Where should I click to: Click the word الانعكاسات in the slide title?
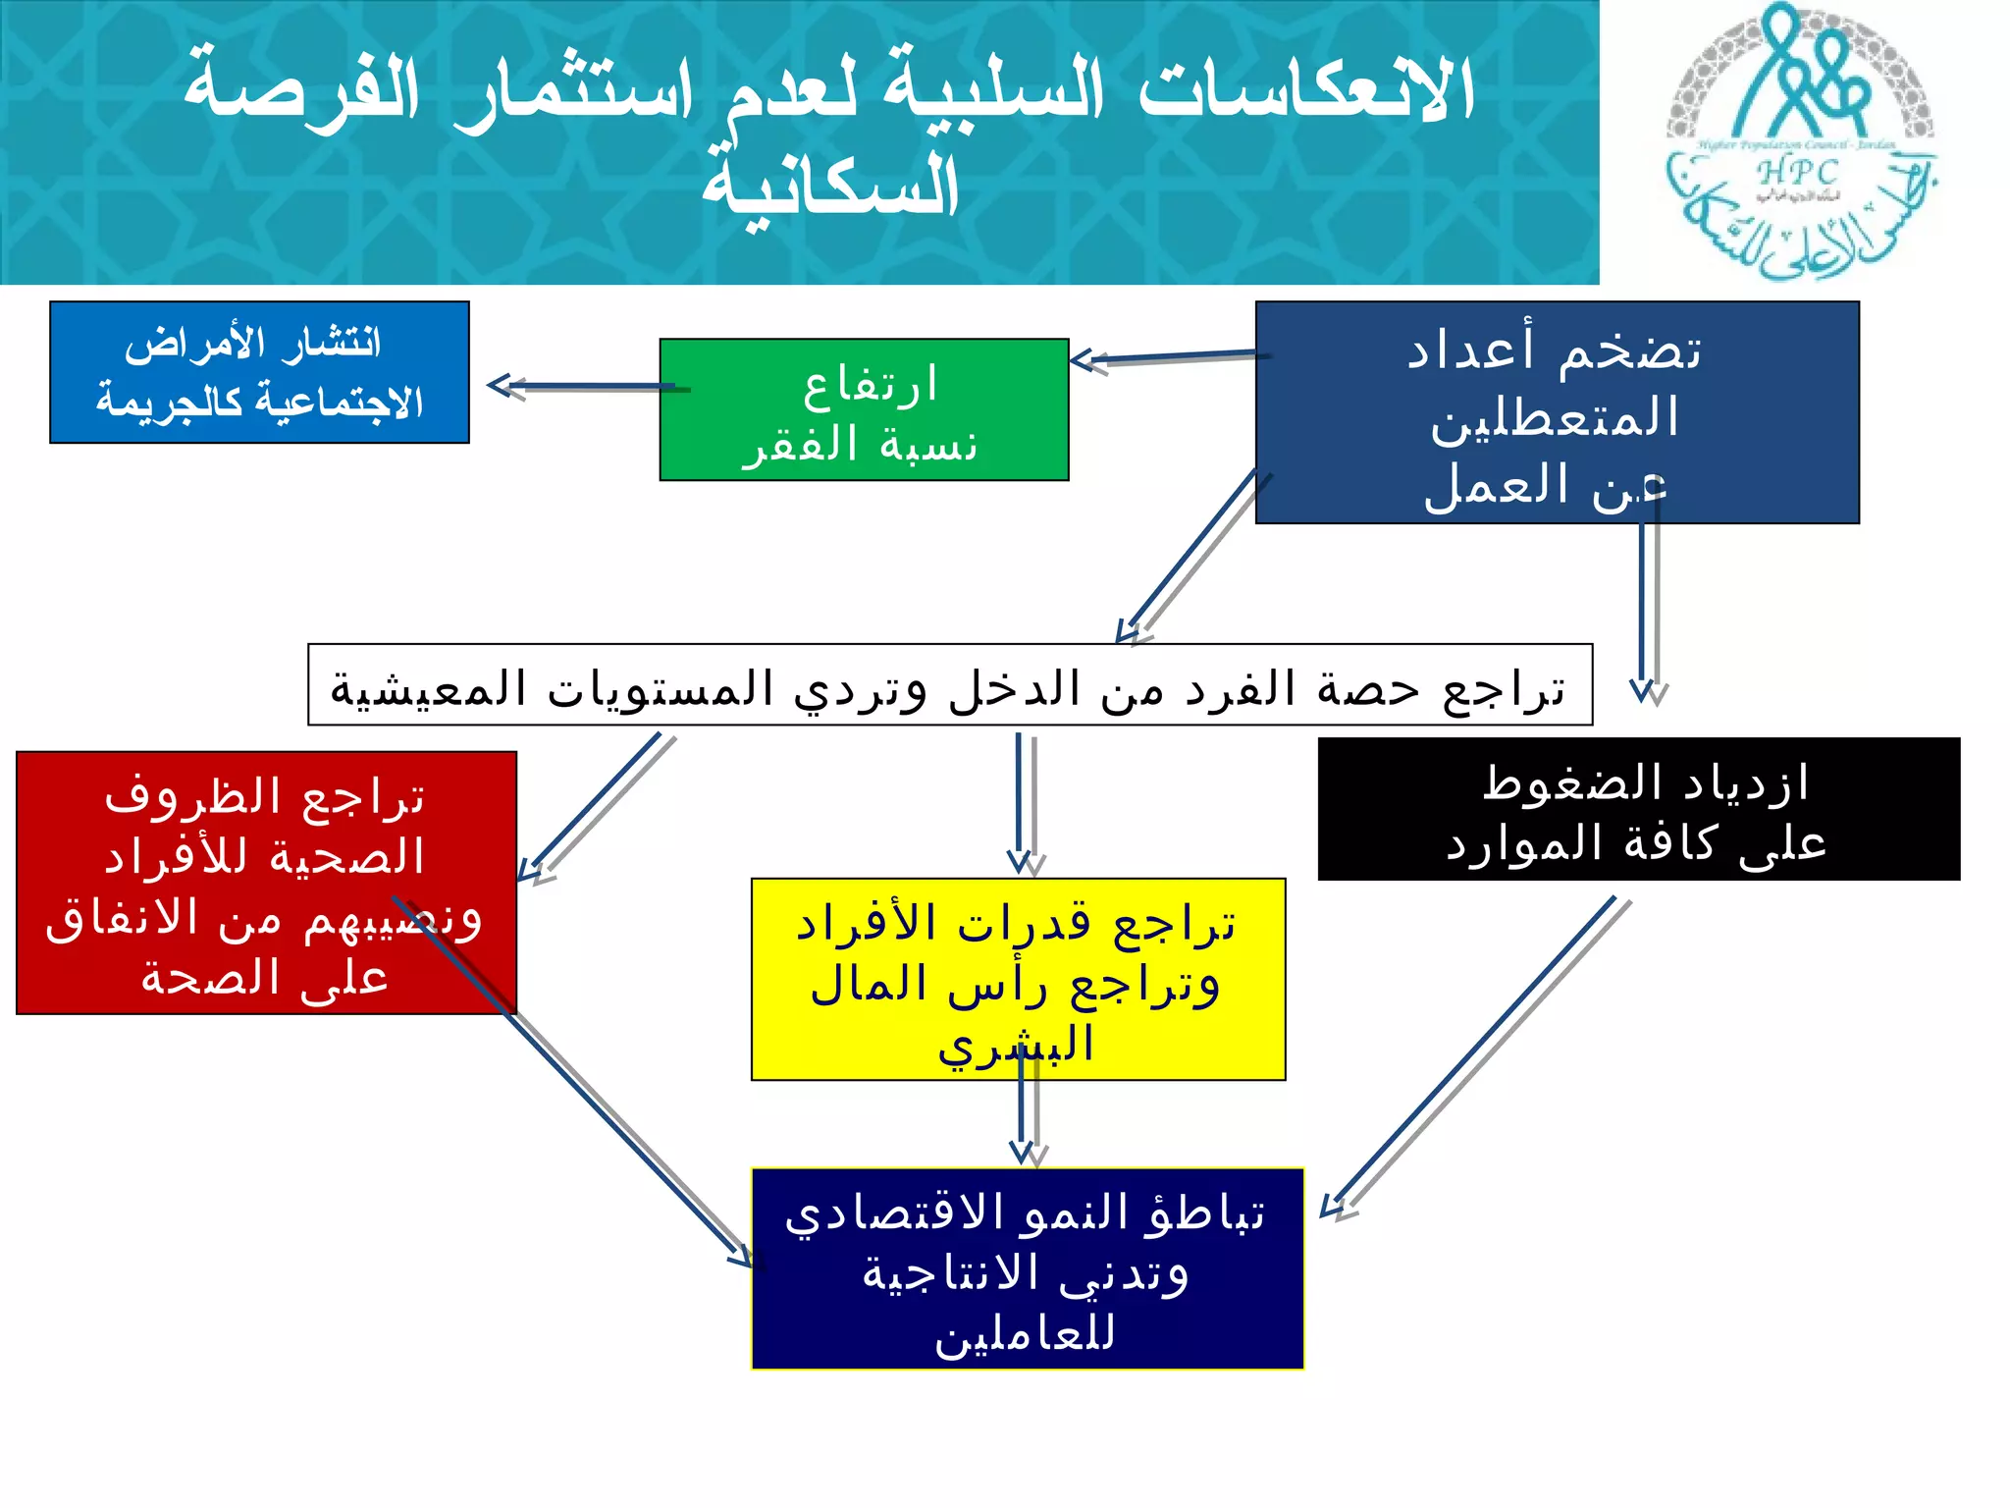click(1305, 90)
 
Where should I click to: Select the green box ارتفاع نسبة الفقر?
click(864, 409)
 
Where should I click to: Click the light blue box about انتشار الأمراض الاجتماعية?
click(259, 372)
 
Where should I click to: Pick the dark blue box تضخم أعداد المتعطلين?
click(1557, 412)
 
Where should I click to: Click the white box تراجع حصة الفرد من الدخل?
click(949, 685)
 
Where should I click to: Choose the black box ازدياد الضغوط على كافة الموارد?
click(1638, 809)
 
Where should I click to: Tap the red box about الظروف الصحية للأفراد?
click(266, 883)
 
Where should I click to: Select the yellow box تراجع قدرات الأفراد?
click(1018, 979)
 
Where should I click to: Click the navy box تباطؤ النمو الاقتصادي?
click(1027, 1268)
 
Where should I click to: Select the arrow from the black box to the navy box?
click(1472, 1055)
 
